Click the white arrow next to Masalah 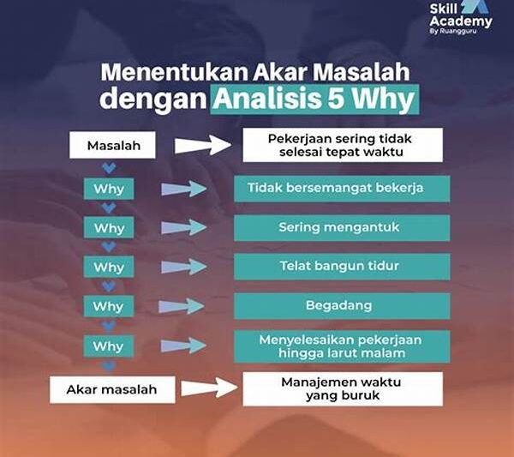(x=202, y=145)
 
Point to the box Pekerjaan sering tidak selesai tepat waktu (x=343, y=145)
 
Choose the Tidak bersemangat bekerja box (x=341, y=189)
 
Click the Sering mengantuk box (x=341, y=228)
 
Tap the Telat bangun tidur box (x=341, y=267)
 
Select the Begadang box (x=341, y=306)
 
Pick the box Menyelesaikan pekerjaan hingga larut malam (x=341, y=346)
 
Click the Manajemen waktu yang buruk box (x=343, y=388)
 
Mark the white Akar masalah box (x=112, y=389)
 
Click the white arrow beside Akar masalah (x=208, y=388)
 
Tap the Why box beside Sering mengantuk (x=109, y=228)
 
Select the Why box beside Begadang (x=109, y=306)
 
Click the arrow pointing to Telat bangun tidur (x=183, y=267)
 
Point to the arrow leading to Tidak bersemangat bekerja (x=183, y=189)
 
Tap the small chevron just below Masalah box (x=109, y=167)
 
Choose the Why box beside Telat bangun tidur (x=109, y=267)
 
